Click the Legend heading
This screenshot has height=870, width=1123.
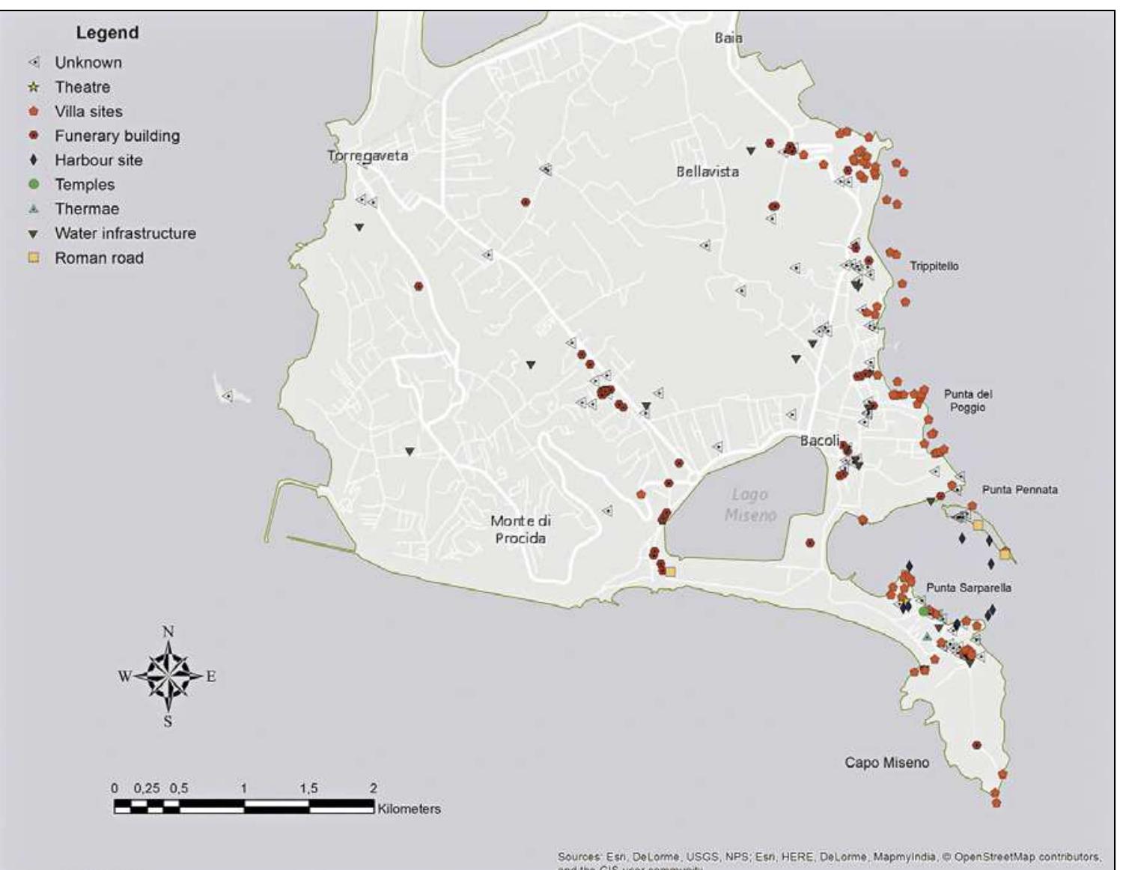tap(107, 33)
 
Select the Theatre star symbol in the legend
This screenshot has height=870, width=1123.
tap(34, 87)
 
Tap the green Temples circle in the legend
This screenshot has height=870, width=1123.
tap(34, 184)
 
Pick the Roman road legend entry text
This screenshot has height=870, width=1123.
tap(99, 258)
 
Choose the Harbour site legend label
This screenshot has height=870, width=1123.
tap(98, 160)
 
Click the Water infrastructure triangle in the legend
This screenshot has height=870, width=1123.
tap(34, 234)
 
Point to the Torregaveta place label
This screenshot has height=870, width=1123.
tap(368, 156)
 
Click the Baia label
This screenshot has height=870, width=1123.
tap(728, 37)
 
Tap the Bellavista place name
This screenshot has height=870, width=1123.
tap(707, 171)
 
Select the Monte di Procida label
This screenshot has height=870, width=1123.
tap(520, 529)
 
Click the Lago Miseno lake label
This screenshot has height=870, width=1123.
tap(750, 505)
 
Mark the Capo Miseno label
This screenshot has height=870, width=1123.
tap(886, 763)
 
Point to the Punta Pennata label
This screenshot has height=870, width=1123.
tap(1020, 490)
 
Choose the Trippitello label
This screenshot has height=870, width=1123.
tap(934, 266)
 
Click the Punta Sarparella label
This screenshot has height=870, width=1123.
tap(969, 588)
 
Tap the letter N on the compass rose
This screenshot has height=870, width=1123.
tap(168, 631)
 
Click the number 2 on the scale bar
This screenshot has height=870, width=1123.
tap(373, 788)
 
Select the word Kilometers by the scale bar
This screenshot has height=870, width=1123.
tap(409, 809)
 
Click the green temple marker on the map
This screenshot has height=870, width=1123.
tap(924, 612)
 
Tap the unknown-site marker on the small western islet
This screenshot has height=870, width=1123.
tap(227, 396)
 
